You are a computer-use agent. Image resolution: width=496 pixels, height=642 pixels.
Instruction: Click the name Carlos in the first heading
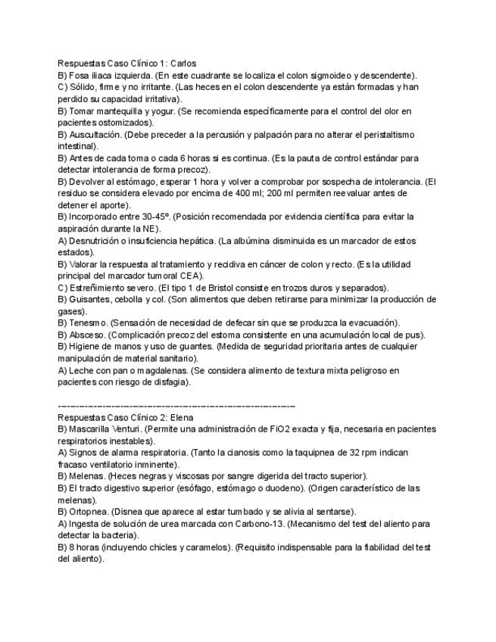(184, 64)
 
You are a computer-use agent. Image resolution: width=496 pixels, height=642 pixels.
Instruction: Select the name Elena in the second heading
(182, 417)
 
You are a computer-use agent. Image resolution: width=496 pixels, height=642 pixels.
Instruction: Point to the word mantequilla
(117, 111)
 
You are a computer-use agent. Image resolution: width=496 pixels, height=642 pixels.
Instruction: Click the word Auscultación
(95, 135)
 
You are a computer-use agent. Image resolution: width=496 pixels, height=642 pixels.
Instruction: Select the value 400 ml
(294, 194)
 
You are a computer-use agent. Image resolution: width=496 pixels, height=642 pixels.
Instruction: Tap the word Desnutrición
(96, 241)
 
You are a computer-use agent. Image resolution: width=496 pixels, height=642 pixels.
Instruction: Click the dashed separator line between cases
(176, 406)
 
